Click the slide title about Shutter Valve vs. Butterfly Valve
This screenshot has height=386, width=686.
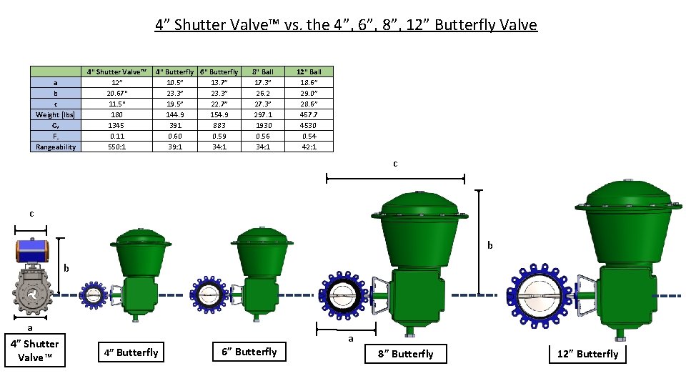point(346,25)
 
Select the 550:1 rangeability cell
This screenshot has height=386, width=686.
point(116,147)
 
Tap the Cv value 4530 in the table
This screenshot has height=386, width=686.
point(309,125)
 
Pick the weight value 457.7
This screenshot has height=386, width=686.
point(309,114)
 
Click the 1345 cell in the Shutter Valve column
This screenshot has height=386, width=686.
point(116,125)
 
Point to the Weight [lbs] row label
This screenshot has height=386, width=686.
point(56,114)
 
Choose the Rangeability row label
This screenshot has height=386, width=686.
point(56,147)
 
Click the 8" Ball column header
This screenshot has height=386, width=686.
point(263,71)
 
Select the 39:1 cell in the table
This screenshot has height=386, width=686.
point(175,147)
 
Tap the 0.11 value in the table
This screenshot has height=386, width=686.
point(116,136)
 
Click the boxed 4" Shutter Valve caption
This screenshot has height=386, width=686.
point(35,350)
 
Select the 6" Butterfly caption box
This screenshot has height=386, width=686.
point(249,352)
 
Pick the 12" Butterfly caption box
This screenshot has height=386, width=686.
point(587,354)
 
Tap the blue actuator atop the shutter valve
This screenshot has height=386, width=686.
point(31,251)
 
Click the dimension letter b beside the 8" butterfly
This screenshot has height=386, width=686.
point(490,245)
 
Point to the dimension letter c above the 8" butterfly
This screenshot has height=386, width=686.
point(395,164)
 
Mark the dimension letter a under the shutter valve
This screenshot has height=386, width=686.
point(30,328)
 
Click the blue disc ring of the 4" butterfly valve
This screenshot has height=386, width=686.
point(91,295)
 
